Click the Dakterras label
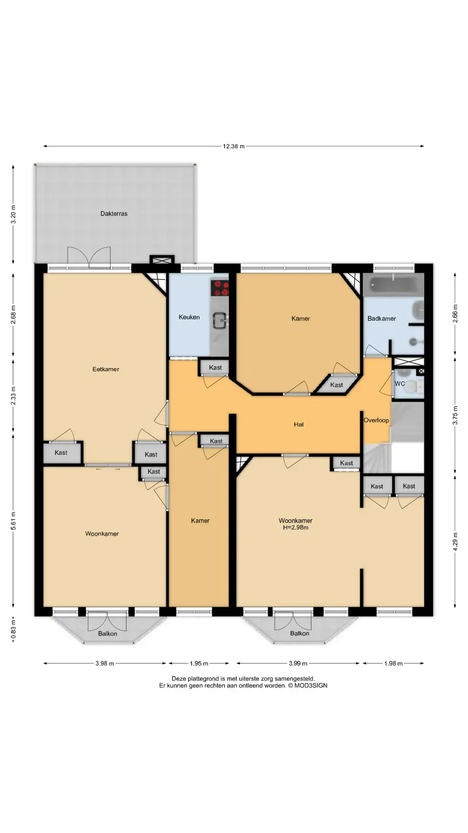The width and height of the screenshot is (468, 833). (114, 213)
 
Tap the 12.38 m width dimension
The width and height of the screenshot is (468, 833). (234, 146)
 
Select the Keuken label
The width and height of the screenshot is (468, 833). (189, 317)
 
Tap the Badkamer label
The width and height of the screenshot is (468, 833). (382, 318)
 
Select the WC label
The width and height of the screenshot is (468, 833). (400, 384)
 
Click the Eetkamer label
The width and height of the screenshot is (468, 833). (106, 369)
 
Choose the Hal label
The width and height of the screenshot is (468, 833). (299, 424)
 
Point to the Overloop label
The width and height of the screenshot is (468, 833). (376, 420)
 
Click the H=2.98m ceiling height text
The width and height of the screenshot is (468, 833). (296, 528)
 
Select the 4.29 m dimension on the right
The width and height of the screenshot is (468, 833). (455, 541)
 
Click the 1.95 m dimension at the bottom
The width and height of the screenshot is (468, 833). (199, 663)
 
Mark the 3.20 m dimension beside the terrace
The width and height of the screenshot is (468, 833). (13, 214)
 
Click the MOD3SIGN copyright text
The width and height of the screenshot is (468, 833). (308, 685)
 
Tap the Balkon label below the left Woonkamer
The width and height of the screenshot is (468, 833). (107, 633)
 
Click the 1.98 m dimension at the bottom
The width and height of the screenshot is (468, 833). (393, 663)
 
